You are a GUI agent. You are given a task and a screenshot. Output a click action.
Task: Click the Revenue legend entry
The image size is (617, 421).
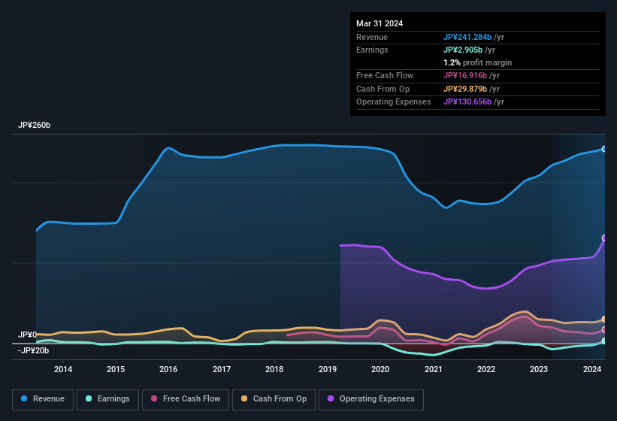click(43, 399)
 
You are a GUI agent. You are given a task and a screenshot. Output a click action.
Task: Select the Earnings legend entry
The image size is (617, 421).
click(107, 399)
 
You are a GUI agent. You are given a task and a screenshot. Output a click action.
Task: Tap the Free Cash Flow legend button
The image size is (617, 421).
click(186, 399)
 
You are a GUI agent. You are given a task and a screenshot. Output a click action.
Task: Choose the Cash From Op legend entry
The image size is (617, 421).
click(274, 399)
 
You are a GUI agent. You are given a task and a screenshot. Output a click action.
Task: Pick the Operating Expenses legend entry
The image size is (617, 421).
click(371, 399)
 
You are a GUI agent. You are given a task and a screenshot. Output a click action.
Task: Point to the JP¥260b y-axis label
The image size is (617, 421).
click(35, 126)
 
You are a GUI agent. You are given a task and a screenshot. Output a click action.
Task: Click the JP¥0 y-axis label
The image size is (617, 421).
click(27, 335)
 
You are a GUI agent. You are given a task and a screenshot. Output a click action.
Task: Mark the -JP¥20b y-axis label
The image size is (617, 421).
click(33, 350)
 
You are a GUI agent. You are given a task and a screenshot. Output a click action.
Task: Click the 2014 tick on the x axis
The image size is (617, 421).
click(63, 369)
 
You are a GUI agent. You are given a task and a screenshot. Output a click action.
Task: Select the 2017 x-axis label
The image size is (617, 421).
click(222, 369)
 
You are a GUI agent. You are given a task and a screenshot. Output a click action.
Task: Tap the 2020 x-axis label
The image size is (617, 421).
click(380, 369)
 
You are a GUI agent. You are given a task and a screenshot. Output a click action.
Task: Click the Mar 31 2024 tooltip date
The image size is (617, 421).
click(380, 23)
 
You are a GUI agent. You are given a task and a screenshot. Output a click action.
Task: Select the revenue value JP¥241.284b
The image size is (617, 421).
click(467, 37)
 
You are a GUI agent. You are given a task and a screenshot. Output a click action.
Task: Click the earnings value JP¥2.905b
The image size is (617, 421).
click(463, 50)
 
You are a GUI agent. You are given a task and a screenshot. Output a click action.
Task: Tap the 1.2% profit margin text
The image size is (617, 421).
click(477, 62)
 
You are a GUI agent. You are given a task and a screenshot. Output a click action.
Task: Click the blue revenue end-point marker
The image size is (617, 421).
click(604, 149)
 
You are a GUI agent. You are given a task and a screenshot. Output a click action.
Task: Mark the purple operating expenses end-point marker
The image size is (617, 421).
click(604, 238)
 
